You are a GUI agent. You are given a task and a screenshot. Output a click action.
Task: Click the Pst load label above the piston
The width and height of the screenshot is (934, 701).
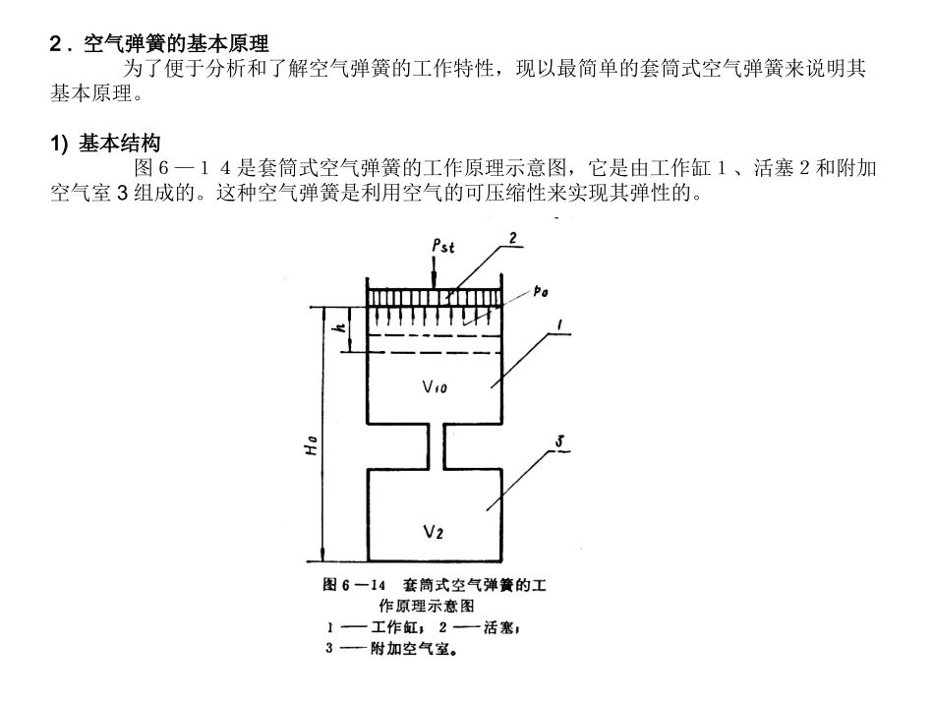click(x=442, y=246)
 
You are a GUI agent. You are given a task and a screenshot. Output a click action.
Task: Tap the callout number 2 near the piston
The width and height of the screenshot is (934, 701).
click(x=512, y=238)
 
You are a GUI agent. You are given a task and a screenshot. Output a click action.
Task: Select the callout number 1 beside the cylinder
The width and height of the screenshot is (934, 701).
click(x=558, y=325)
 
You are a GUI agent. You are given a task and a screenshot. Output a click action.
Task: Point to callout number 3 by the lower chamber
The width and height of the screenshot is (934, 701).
click(x=559, y=441)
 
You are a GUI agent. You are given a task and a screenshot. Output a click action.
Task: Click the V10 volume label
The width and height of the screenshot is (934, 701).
click(x=435, y=386)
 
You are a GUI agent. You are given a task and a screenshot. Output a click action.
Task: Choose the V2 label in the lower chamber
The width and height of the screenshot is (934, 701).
click(x=433, y=531)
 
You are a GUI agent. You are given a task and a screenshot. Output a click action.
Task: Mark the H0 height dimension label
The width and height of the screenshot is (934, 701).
click(x=311, y=445)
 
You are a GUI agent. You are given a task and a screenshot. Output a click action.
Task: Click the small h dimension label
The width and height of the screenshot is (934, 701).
click(x=340, y=327)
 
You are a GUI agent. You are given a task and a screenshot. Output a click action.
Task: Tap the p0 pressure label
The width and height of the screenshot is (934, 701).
click(x=541, y=291)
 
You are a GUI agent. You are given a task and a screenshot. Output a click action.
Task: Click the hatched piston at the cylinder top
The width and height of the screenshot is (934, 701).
click(x=435, y=298)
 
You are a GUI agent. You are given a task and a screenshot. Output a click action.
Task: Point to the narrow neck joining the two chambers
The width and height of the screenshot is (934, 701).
click(x=436, y=446)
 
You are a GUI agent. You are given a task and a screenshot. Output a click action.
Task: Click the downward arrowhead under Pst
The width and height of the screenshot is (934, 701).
click(x=435, y=283)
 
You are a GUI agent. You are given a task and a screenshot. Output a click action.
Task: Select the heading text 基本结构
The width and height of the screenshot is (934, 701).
click(x=120, y=143)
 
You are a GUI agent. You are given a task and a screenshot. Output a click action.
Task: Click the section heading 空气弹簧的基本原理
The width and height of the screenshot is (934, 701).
click(x=176, y=43)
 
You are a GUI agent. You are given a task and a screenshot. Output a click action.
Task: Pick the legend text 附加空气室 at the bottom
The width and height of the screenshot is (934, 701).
click(x=410, y=648)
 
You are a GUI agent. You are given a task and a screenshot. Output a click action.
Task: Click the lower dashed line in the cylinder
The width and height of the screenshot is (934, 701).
click(x=424, y=353)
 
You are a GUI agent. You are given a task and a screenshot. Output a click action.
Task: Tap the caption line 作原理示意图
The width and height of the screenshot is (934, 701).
click(x=427, y=606)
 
